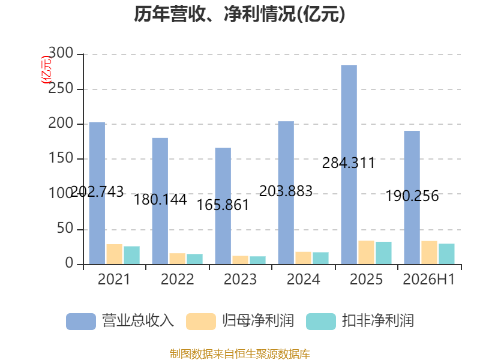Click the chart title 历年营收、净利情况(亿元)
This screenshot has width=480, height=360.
(x=239, y=14)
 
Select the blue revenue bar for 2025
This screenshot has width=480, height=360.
(x=349, y=164)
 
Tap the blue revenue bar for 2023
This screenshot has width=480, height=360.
(x=223, y=206)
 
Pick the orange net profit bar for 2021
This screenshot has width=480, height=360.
(x=115, y=254)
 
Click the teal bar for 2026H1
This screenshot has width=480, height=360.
(x=446, y=254)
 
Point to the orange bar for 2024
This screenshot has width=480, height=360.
(x=304, y=258)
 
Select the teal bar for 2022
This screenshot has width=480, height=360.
(x=194, y=259)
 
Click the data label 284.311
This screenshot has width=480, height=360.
(x=349, y=163)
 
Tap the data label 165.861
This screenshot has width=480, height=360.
(x=223, y=205)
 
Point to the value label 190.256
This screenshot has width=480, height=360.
(x=412, y=196)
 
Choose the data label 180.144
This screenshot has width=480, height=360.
(x=160, y=200)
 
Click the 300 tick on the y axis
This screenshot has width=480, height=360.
(x=61, y=53)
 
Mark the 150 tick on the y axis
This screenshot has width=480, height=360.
(x=61, y=158)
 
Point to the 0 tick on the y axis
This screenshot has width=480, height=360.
(x=69, y=263)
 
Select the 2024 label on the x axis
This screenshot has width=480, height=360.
(x=304, y=279)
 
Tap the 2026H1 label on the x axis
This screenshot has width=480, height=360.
(x=429, y=279)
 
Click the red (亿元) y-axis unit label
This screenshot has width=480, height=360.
(x=46, y=70)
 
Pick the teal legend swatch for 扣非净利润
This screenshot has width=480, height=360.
(x=321, y=322)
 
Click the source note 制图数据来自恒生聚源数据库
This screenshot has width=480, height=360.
(x=240, y=354)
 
